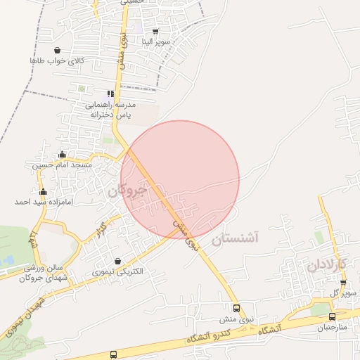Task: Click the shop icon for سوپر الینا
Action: [155, 32]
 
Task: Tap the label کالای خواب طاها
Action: [57, 61]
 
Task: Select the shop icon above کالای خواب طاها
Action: [57, 50]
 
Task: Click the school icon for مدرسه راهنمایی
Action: [110, 94]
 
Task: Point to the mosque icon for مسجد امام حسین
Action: [62, 155]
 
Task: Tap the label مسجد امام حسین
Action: [62, 165]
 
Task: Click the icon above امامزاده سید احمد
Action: [43, 192]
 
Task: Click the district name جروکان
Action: [127, 190]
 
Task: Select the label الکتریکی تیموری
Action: [117, 271]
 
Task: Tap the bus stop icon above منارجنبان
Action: [332, 317]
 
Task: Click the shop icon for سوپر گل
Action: [343, 283]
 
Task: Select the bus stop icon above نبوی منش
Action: [236, 308]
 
